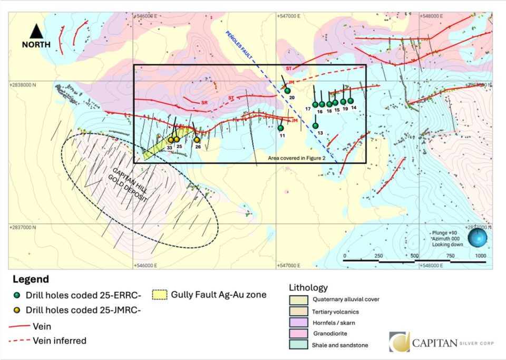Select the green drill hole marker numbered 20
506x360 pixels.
(288, 91)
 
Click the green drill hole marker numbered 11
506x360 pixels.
(281, 128)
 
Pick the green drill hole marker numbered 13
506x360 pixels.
(315, 125)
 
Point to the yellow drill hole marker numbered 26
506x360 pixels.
(197, 140)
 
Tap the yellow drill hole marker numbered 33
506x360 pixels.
(171, 140)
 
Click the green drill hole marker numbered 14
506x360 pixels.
(351, 101)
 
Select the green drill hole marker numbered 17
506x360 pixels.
(315, 103)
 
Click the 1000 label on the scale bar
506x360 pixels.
(480, 256)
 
